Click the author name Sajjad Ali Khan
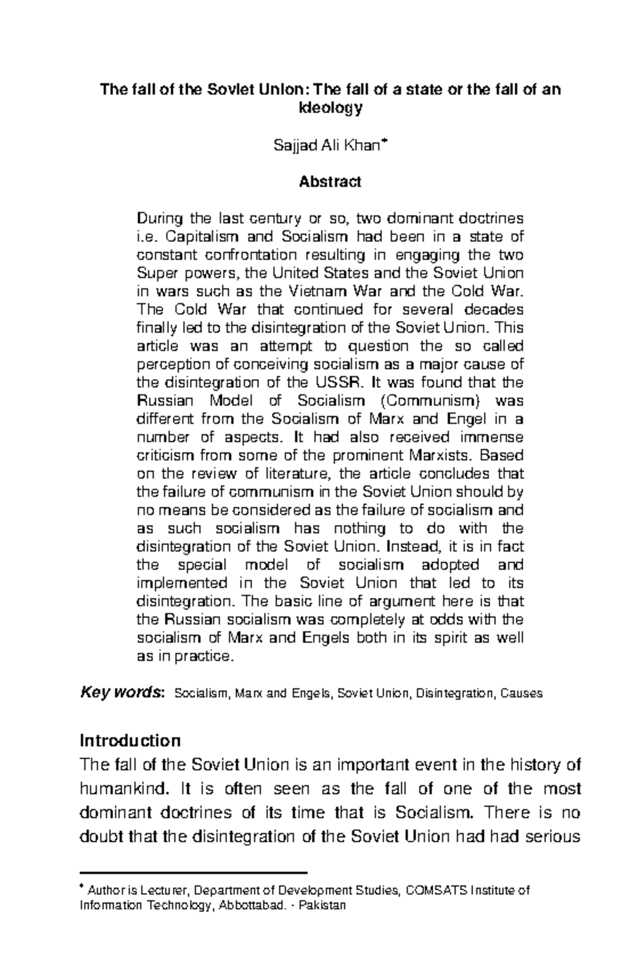click(x=326, y=145)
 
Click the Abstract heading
click(x=330, y=182)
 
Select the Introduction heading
click(x=130, y=740)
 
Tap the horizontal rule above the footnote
click(x=194, y=873)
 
